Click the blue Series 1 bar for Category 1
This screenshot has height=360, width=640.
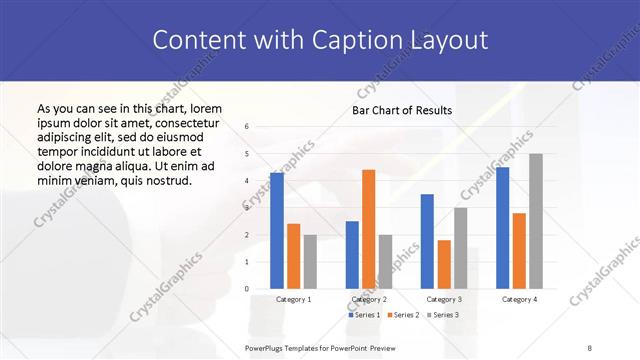(x=277, y=231)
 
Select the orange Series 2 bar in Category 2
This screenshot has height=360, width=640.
(x=368, y=229)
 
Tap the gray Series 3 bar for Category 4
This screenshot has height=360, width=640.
(x=536, y=221)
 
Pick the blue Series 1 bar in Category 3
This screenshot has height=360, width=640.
(x=427, y=241)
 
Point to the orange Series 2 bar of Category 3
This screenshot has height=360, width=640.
(x=444, y=264)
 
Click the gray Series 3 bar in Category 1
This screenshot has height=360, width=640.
(x=310, y=262)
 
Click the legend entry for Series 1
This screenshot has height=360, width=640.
(x=364, y=315)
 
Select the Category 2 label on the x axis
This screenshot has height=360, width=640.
(x=368, y=299)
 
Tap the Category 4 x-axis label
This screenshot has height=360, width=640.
(x=519, y=299)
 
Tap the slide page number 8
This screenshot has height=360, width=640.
(x=590, y=347)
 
